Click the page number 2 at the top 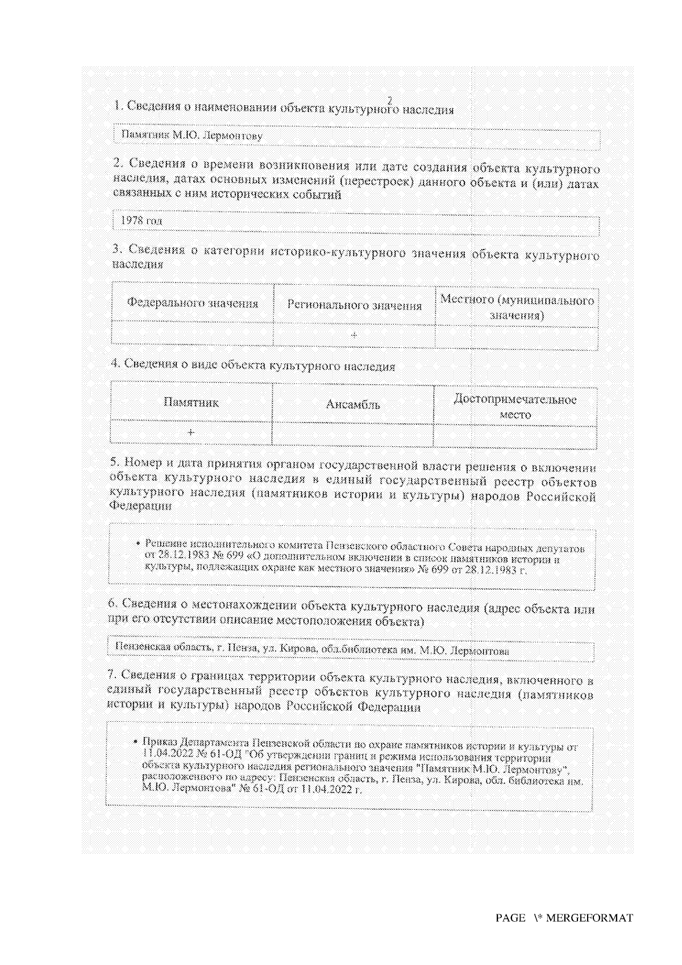(390, 100)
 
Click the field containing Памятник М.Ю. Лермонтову (356, 137)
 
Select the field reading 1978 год (356, 222)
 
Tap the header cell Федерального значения (192, 303)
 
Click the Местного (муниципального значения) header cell (517, 307)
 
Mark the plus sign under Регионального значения (354, 335)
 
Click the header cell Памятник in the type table (191, 402)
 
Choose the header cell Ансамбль (353, 405)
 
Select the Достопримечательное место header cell (515, 407)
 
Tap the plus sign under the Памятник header (191, 432)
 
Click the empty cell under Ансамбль (353, 434)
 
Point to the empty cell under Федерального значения (192, 332)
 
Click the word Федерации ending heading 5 (140, 505)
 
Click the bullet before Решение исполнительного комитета (139, 543)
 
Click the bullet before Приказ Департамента (136, 741)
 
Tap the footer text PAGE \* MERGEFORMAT (564, 918)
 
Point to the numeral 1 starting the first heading (117, 106)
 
